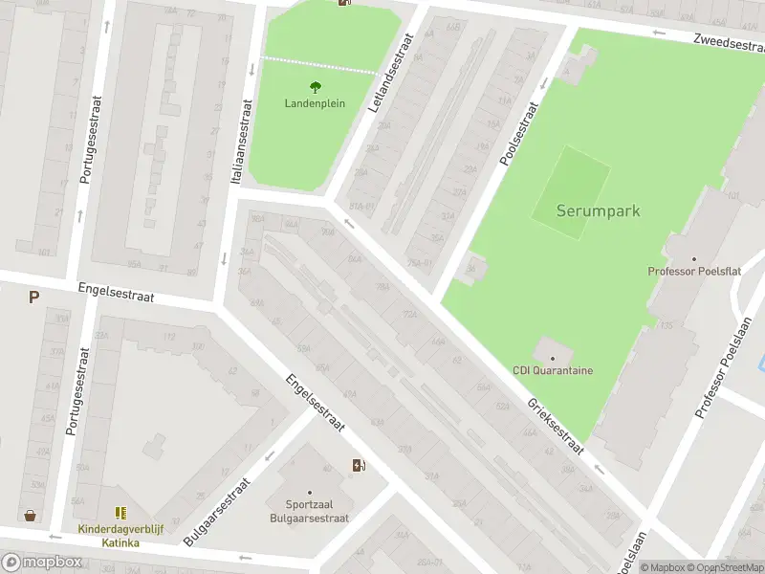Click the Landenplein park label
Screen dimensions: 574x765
(x=315, y=103)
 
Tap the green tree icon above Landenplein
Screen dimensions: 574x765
(x=316, y=87)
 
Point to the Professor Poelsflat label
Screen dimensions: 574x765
(x=694, y=272)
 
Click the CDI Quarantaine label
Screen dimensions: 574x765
(x=553, y=371)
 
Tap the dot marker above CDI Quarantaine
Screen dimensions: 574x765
(x=553, y=358)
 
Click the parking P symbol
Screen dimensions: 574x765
(x=33, y=298)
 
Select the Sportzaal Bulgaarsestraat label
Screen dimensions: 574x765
(x=317, y=511)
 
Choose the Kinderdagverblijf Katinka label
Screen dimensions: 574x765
(x=121, y=535)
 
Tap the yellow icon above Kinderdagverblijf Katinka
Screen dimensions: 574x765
(x=120, y=514)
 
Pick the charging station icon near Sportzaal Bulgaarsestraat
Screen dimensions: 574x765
(x=359, y=466)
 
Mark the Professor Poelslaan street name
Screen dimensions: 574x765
(x=716, y=375)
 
